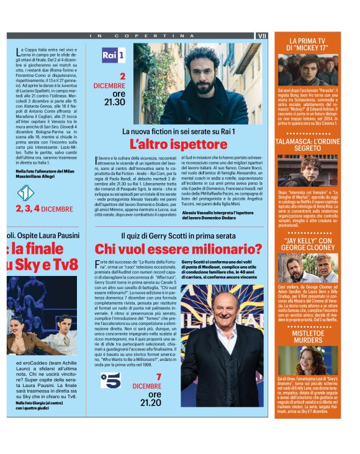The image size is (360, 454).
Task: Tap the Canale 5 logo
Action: (111, 380)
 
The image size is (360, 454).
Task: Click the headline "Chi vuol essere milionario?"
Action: (178, 249)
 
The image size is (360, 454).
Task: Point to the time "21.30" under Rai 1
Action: (115, 102)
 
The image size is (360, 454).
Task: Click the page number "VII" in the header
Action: (261, 36)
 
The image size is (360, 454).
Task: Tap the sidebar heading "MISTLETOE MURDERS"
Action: (308, 336)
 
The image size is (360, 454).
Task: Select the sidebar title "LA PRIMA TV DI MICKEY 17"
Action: (308, 44)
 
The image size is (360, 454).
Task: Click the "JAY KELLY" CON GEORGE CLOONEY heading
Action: (308, 244)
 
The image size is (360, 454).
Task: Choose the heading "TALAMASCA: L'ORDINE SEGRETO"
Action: (308, 145)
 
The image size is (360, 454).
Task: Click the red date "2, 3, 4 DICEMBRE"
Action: (44, 208)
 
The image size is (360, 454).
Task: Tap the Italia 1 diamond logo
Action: (25, 194)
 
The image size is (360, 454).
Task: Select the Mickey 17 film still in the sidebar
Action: (308, 69)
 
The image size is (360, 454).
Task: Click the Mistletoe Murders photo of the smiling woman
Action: (308, 360)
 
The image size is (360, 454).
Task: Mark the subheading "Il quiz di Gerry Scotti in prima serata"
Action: (178, 236)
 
